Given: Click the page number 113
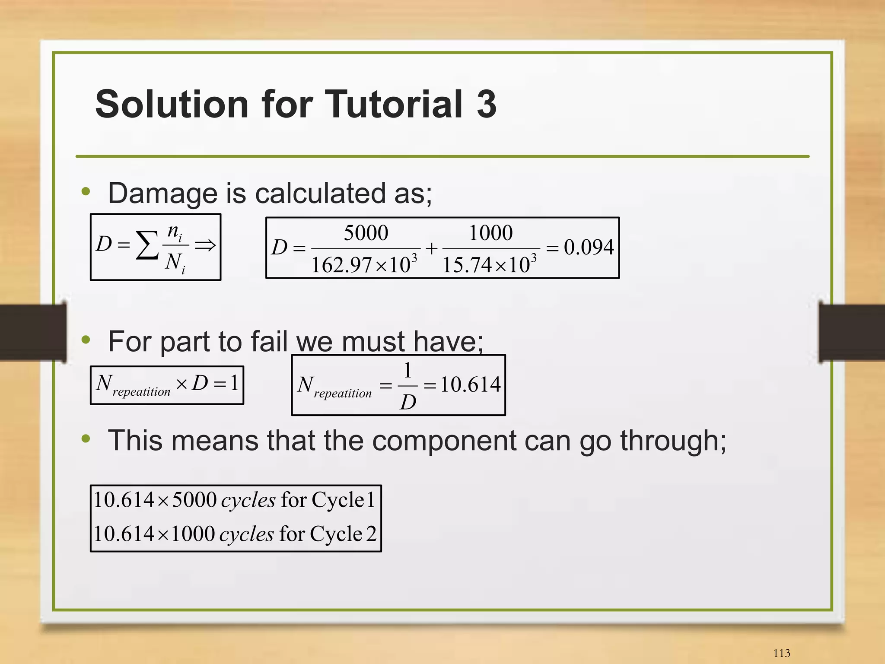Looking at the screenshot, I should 781,653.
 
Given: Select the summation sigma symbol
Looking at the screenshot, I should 147,245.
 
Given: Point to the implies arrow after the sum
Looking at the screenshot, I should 205,245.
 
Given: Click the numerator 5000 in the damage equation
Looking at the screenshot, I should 366,233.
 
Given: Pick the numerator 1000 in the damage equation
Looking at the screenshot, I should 491,233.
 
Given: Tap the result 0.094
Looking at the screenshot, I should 589,248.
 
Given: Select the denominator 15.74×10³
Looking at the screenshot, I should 490,264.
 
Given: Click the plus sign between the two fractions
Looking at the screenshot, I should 431,248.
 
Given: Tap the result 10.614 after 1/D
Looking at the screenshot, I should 470,384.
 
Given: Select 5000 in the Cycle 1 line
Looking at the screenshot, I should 194,500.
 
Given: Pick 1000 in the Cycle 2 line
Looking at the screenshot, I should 193,534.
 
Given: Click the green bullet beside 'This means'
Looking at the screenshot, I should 86,439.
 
